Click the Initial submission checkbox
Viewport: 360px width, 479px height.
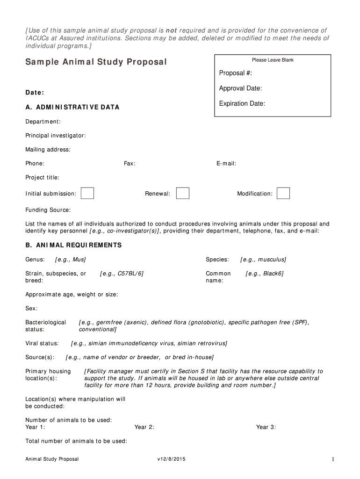87,193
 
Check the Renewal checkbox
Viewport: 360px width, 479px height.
183,193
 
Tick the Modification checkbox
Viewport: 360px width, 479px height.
283,193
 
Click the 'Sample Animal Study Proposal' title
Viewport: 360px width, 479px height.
96,62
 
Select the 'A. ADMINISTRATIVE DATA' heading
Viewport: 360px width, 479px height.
72,107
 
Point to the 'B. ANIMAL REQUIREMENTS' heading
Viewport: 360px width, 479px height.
73,245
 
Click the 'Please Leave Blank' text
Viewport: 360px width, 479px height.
273,60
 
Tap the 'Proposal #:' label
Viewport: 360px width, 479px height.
232,73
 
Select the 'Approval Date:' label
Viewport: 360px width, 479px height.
240,88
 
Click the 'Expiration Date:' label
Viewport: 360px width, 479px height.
242,103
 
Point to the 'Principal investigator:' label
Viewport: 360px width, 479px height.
56,136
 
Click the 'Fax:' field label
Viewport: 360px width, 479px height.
130,164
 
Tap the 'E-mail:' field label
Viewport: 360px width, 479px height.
226,164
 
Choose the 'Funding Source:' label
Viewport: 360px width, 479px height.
48,210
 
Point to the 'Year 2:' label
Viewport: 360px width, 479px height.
144,427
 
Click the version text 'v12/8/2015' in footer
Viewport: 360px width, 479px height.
172,459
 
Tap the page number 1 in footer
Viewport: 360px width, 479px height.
332,460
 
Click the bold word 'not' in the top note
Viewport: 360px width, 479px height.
172,30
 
